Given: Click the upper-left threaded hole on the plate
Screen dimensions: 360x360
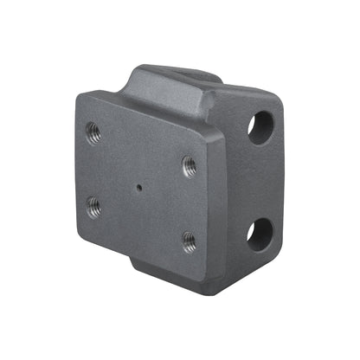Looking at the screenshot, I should tap(93, 133).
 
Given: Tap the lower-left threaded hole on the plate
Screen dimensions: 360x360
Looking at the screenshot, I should tap(93, 206).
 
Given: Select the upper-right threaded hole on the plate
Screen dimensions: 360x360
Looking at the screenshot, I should tap(189, 165).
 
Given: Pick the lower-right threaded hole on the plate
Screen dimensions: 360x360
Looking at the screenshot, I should tap(189, 241).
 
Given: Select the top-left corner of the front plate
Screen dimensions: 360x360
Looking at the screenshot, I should tap(80, 97).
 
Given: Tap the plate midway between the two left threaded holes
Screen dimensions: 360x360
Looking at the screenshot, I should tap(93, 170).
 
